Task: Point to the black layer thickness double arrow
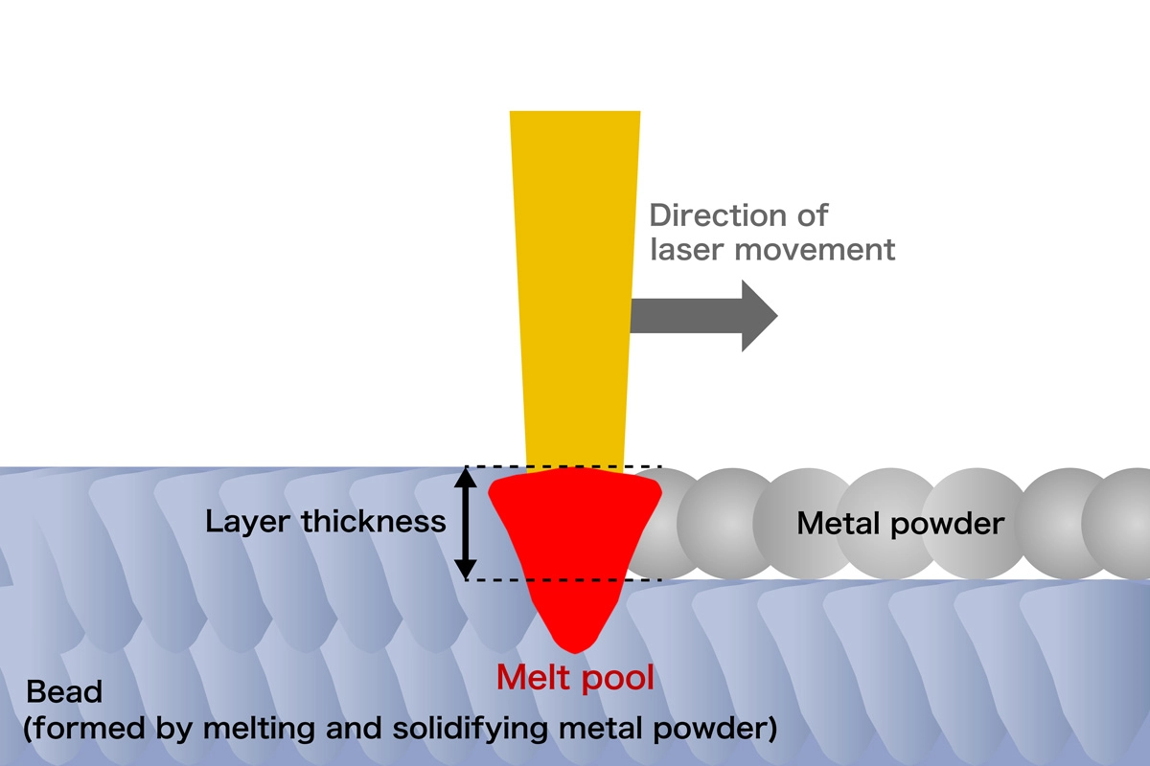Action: tap(465, 523)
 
